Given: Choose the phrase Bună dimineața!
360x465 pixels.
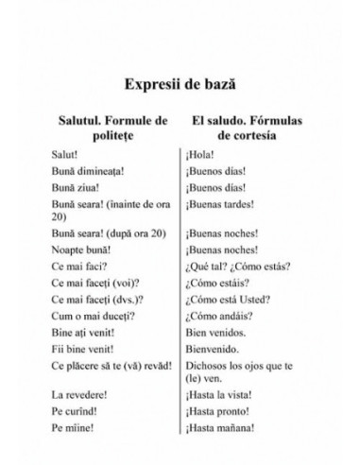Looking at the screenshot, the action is [98, 170].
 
